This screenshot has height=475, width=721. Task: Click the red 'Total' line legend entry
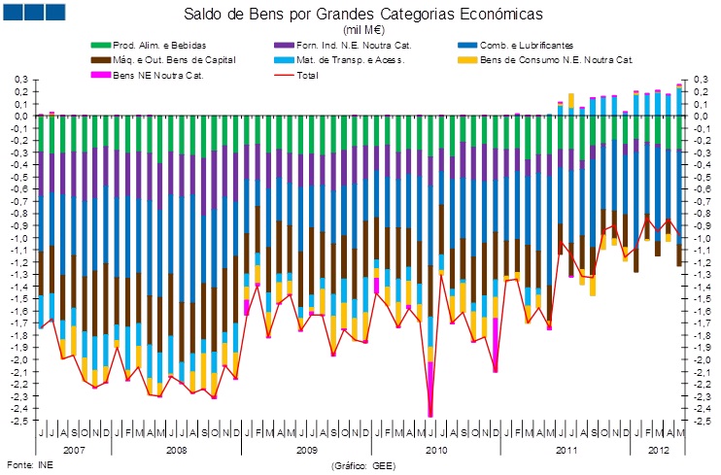(306, 75)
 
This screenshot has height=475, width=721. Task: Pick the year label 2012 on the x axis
(657, 450)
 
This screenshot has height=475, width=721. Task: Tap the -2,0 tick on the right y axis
(700, 358)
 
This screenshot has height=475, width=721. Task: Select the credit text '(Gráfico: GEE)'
(361, 464)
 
